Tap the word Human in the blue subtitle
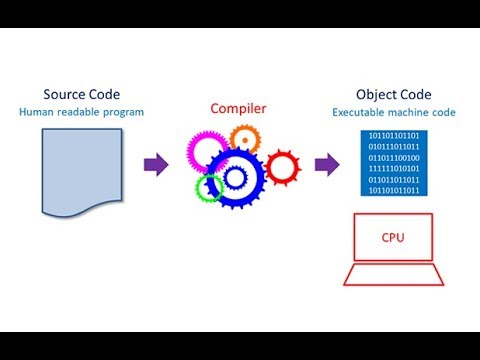point(36,112)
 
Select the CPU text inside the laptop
point(394,238)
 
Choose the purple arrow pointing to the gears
point(157,165)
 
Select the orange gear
point(244,139)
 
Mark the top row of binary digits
point(394,136)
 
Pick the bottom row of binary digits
point(394,190)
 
